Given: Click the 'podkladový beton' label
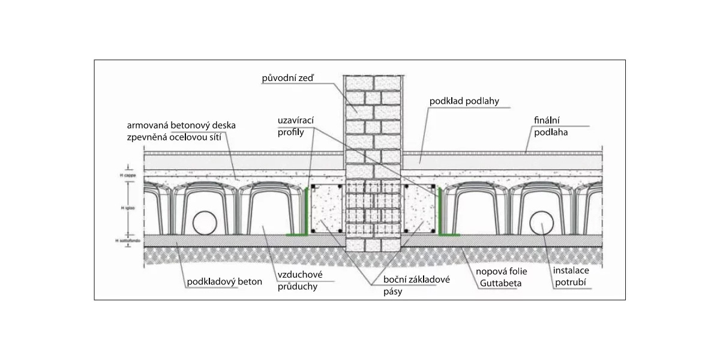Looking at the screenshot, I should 224,280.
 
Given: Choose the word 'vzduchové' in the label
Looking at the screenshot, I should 298,275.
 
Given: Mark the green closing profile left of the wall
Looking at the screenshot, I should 307,210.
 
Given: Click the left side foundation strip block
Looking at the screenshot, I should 328,209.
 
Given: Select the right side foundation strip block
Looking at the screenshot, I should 418,209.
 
